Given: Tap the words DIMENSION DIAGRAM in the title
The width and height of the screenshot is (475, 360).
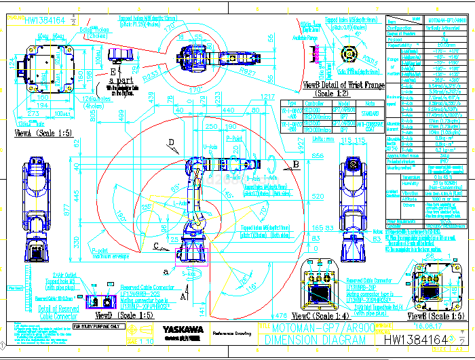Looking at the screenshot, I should [x=304, y=340].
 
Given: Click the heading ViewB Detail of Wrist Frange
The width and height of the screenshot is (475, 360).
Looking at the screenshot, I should [x=343, y=85].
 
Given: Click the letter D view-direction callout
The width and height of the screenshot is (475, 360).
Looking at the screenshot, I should [x=172, y=142].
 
